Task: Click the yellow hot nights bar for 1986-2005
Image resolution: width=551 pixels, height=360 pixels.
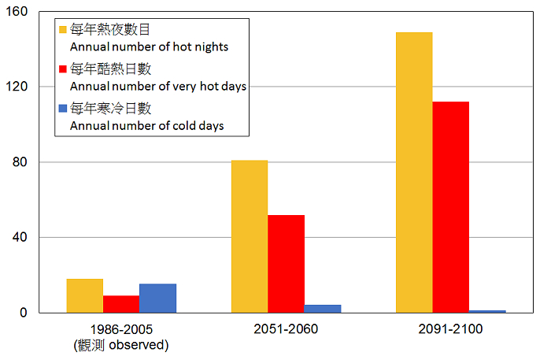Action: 84,295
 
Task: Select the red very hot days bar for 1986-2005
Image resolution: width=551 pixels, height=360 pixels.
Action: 121,304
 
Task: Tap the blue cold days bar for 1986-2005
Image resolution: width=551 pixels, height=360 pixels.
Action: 157,298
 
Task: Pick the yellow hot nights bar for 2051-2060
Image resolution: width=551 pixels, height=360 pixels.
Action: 250,236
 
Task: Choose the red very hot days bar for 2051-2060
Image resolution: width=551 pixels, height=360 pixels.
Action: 286,264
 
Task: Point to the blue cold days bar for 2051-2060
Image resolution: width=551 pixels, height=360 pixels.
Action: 323,309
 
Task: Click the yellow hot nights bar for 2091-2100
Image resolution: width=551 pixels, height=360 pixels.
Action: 414,173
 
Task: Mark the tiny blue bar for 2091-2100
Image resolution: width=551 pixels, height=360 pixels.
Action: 487,311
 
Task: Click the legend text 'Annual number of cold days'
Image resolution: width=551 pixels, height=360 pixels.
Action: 147,125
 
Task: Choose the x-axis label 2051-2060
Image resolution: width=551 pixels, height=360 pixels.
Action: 286,329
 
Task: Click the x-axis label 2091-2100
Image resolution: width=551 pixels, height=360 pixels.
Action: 450,329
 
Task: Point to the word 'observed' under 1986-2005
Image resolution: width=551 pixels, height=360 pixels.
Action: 139,344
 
